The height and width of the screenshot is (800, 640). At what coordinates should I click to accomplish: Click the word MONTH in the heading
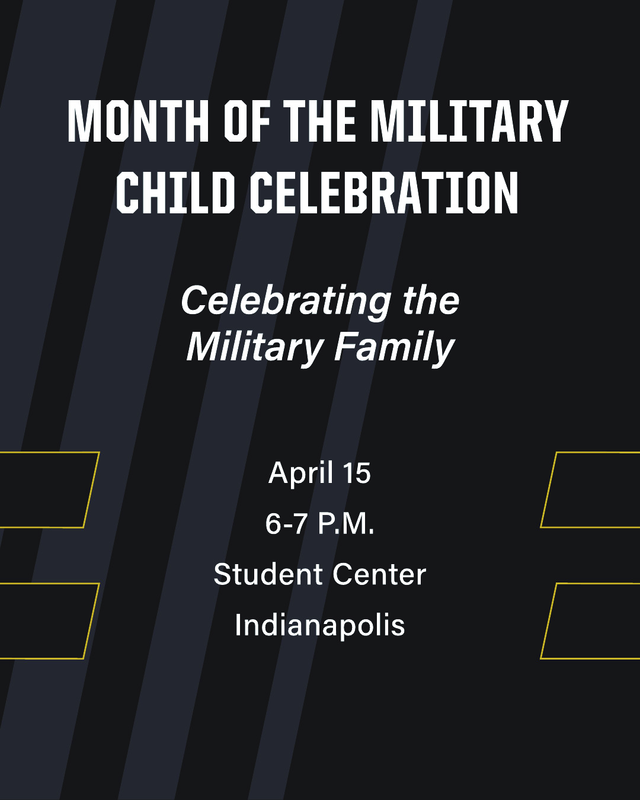138,121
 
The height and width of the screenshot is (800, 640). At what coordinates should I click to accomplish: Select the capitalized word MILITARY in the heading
469,121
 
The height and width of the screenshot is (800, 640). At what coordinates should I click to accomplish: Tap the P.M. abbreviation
346,524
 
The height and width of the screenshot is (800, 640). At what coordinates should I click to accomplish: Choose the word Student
268,574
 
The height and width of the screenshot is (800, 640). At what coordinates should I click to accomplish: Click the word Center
379,575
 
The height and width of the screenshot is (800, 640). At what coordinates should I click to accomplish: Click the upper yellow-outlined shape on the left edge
91,490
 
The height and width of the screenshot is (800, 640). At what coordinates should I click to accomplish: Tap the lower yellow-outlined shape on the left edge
91,621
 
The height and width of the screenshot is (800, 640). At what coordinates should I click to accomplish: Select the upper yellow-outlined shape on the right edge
549,490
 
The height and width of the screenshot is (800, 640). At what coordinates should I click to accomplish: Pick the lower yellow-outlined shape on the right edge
549,621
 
